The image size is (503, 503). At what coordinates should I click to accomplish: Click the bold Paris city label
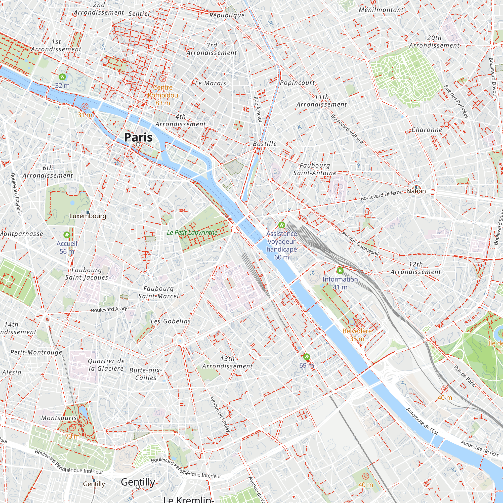(138, 137)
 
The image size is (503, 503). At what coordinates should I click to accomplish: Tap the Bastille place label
(265, 144)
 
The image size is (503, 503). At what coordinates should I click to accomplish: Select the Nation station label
(416, 191)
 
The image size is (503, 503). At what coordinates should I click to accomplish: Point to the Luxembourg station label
(88, 216)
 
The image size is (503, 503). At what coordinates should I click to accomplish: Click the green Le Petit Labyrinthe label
(192, 232)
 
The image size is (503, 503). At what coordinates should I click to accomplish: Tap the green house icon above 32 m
(62, 77)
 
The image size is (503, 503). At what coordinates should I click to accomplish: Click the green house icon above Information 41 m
(340, 271)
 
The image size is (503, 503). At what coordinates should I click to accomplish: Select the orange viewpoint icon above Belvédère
(357, 323)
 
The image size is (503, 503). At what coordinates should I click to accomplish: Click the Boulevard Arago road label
(110, 309)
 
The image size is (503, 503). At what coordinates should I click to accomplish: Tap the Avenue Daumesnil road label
(360, 243)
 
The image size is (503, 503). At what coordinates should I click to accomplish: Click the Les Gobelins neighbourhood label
(171, 321)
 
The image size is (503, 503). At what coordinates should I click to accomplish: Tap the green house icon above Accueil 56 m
(67, 235)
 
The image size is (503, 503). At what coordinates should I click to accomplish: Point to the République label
(227, 15)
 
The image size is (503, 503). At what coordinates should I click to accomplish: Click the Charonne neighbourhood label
(427, 130)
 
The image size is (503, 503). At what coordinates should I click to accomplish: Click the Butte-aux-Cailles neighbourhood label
(146, 374)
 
